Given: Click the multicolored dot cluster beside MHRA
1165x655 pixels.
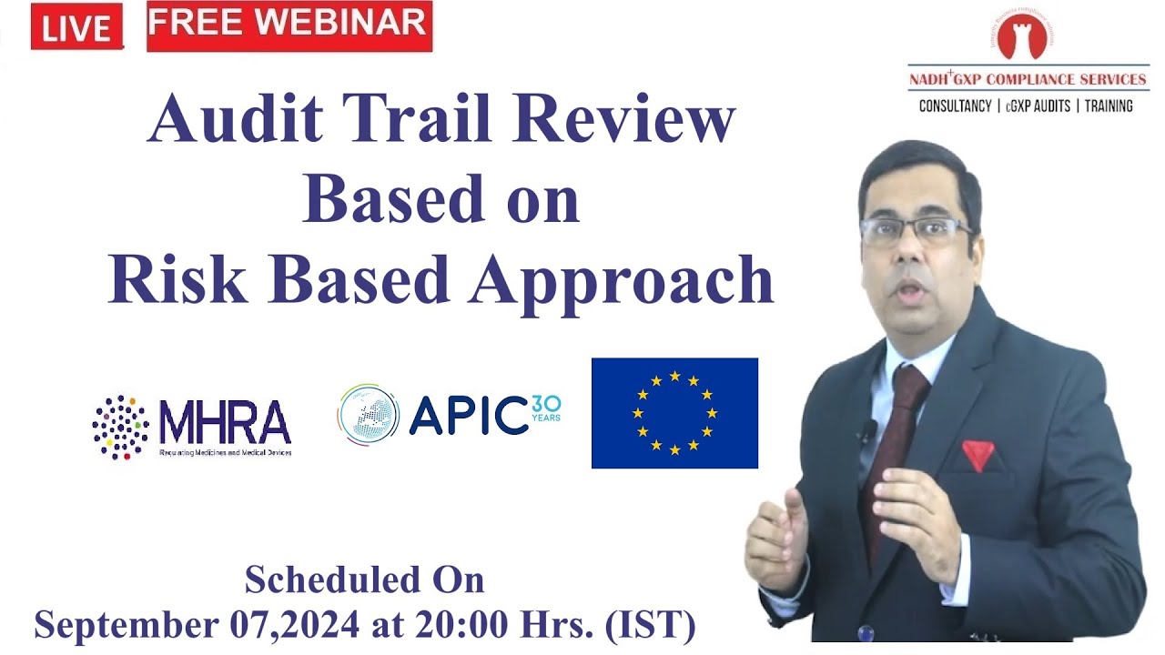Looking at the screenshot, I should point(120,426).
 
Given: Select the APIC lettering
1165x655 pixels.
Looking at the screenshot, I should point(469,416).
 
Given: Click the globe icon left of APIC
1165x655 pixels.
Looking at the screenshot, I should point(368,415).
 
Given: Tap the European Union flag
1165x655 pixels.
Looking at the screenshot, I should point(674,413).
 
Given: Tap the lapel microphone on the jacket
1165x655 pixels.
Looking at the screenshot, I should point(869,429).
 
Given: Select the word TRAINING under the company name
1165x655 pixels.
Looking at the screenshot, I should point(1109,106).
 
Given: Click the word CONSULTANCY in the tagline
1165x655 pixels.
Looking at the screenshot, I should point(955,106).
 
